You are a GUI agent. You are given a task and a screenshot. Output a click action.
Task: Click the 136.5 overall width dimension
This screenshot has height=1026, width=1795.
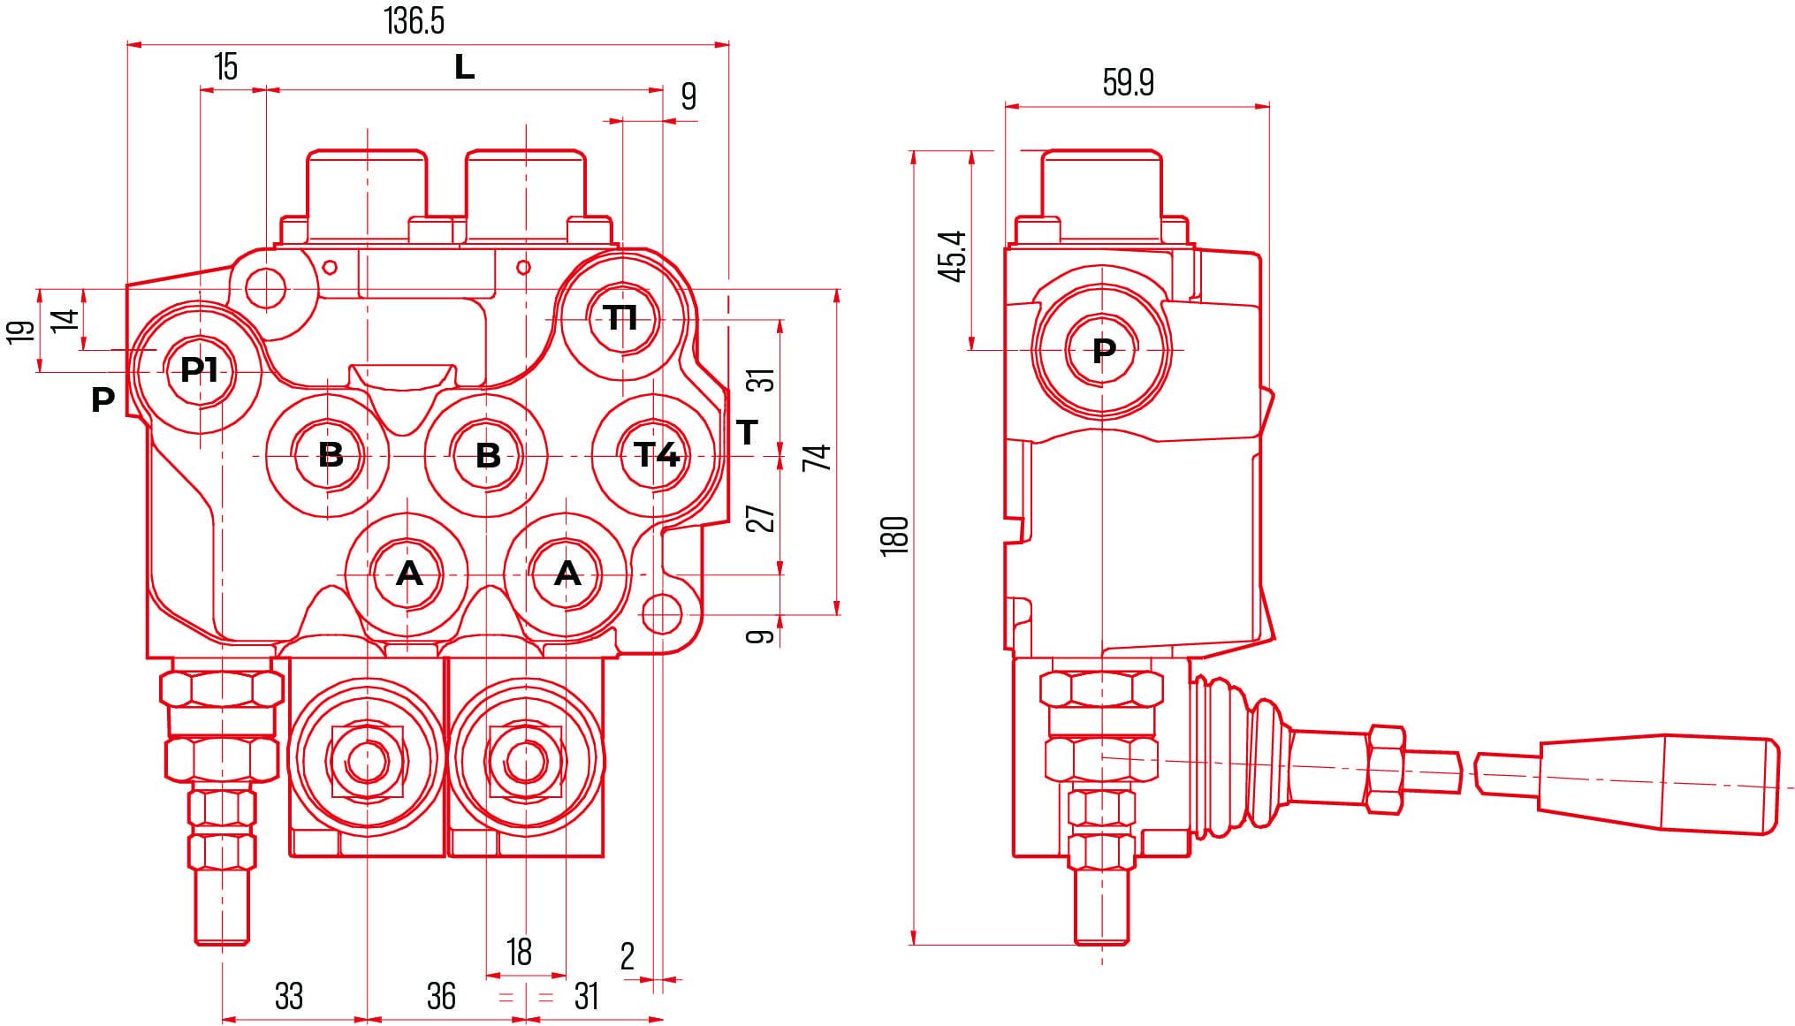(414, 21)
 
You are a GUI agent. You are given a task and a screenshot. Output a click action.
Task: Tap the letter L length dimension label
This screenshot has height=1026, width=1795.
(464, 67)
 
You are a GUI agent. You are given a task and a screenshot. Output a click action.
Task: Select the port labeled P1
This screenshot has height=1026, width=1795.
(199, 369)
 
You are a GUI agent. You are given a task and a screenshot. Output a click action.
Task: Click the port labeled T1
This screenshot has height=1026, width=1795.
(621, 317)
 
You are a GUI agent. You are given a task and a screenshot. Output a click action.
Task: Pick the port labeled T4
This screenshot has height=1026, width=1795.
(656, 455)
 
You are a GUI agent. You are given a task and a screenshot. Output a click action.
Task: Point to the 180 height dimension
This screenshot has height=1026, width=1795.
(894, 535)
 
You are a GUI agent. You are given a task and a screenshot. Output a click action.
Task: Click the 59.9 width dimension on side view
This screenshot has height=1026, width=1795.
(1128, 82)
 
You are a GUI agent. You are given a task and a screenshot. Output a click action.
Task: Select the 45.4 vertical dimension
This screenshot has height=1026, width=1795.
(952, 256)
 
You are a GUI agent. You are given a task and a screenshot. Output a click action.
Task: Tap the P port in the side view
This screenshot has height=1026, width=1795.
(1103, 351)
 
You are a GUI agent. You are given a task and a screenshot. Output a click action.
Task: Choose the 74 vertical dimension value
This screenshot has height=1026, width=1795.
(817, 457)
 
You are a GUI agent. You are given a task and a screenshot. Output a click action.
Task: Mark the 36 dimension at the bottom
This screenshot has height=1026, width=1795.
(441, 996)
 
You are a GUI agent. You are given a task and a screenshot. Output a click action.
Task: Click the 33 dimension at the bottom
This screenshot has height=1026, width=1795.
(289, 996)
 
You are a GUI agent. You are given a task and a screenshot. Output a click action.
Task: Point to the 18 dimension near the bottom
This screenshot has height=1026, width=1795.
(519, 952)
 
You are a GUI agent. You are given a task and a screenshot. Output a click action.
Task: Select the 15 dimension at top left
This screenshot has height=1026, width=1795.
(226, 67)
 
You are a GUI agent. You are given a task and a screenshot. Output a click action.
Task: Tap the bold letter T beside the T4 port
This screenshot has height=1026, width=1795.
(747, 432)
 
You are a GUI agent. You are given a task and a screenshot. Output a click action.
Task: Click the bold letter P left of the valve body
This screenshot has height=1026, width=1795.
(103, 399)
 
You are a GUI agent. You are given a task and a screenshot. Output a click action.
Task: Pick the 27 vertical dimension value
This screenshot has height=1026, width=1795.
(761, 518)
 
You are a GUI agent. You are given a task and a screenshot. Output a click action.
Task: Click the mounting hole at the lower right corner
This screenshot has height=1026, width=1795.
(661, 613)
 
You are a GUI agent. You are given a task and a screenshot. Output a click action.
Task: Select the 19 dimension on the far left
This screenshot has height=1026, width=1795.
(20, 331)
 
